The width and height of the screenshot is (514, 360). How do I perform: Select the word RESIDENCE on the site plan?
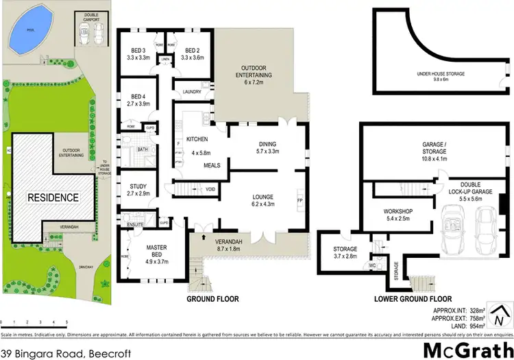(53, 197)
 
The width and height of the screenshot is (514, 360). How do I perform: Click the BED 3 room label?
(139, 51)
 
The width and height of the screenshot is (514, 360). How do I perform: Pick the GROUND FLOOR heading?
(213, 300)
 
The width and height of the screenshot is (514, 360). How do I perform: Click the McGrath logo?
(465, 349)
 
